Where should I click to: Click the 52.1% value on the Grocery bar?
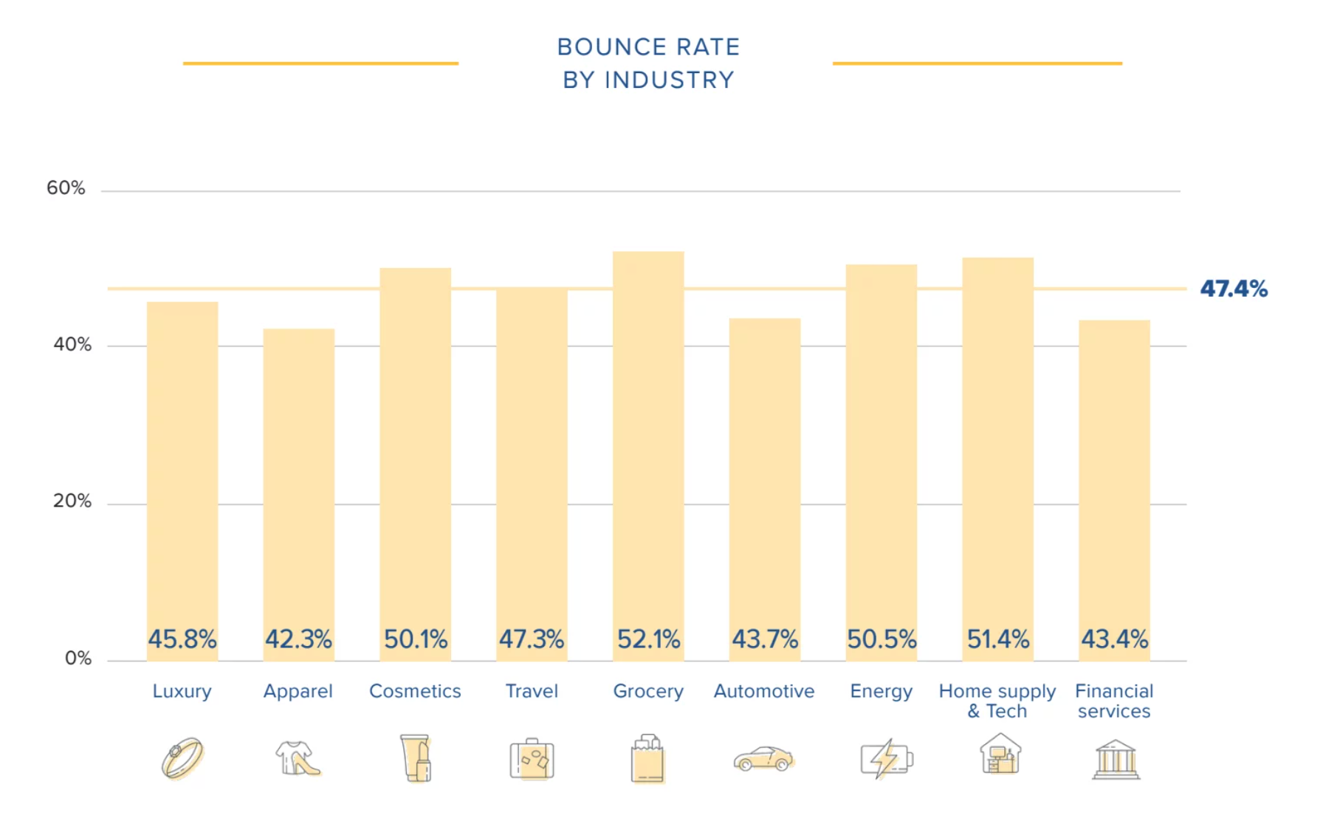point(648,639)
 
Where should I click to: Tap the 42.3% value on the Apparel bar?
point(298,639)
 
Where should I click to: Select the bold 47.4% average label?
point(1234,288)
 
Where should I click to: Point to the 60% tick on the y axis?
point(66,188)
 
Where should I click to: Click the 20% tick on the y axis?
point(72,501)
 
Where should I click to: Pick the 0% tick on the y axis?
point(78,658)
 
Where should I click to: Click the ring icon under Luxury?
point(182,758)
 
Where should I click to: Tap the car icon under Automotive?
point(763,758)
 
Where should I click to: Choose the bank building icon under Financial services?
point(1116,759)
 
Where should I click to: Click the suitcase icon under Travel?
point(532,758)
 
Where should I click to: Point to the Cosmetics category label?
point(415,691)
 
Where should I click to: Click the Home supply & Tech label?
point(997,701)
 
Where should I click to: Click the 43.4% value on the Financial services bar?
point(1115,639)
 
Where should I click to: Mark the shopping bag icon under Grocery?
point(647,758)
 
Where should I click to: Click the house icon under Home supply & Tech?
point(1000,754)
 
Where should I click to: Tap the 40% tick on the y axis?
point(72,345)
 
